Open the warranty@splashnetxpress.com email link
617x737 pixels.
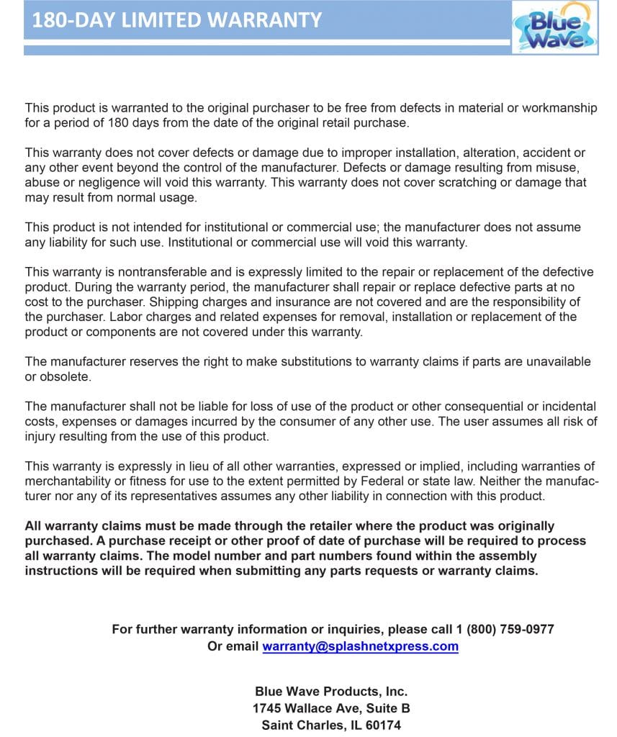pos(360,646)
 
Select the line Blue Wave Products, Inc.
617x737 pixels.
pos(331,692)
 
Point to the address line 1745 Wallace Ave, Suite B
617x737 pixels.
pos(331,708)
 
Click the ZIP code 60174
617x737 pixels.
pos(383,725)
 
